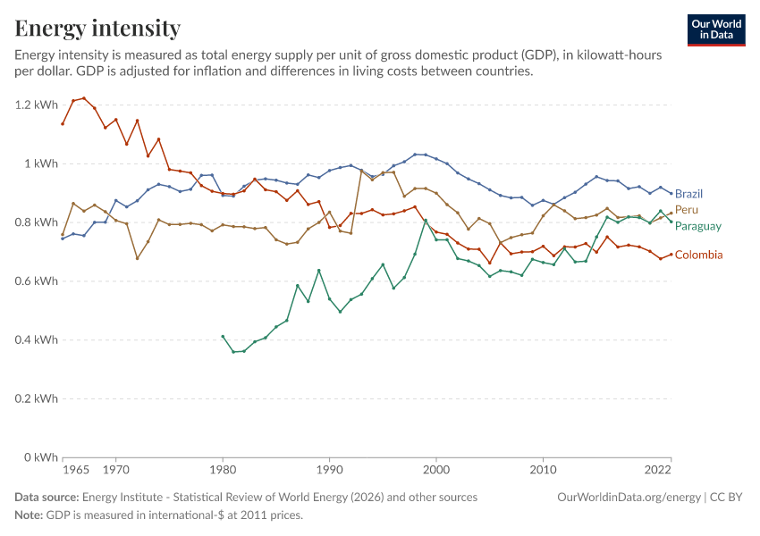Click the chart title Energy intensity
point(97,28)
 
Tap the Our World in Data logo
point(716,30)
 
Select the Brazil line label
point(688,194)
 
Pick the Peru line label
point(687,210)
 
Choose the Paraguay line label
point(698,226)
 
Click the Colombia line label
point(698,255)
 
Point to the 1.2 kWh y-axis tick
point(37,105)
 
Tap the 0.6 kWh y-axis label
point(37,281)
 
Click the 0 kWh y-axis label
point(41,457)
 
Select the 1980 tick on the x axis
point(223,470)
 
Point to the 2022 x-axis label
point(658,470)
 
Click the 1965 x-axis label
point(76,470)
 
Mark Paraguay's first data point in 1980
point(223,337)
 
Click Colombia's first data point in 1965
point(63,124)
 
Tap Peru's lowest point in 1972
point(137,258)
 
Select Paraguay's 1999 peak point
point(426,221)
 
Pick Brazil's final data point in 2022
point(671,194)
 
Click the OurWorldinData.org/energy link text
point(629,498)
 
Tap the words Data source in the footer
point(46,498)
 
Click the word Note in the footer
point(29,515)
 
